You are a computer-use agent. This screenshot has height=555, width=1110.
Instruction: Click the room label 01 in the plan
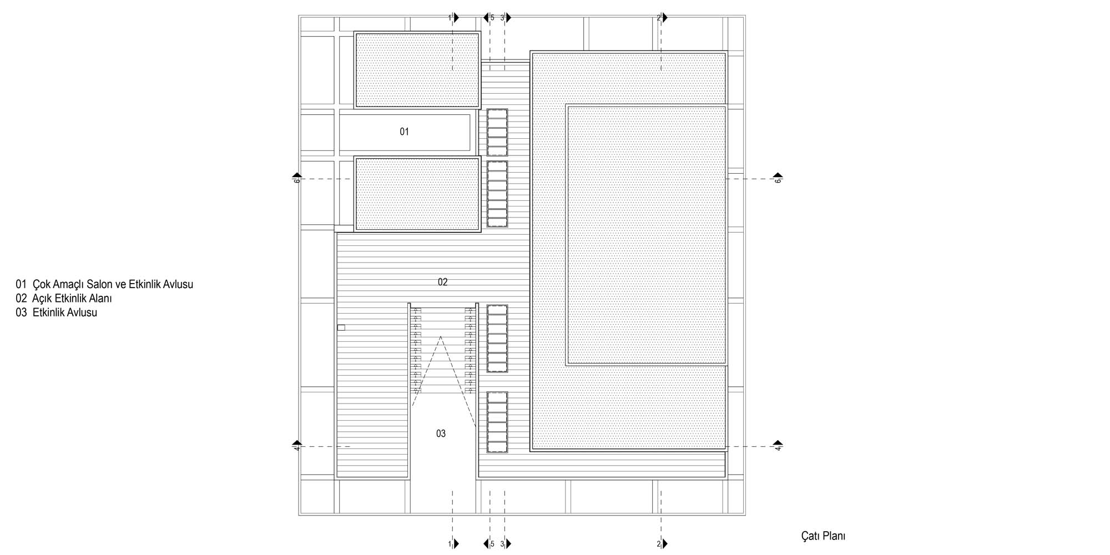point(404,132)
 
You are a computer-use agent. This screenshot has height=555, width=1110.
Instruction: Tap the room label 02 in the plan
point(442,282)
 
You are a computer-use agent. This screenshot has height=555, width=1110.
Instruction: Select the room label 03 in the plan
point(441,433)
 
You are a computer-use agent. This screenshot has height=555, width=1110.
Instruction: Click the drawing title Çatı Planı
point(823,536)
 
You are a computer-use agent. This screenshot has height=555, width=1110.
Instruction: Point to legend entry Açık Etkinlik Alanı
point(72,299)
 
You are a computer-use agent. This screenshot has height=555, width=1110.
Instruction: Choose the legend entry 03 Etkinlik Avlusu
point(56,312)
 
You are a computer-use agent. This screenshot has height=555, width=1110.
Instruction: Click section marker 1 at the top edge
point(454,18)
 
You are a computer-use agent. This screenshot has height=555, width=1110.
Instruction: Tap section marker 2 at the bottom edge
point(663,544)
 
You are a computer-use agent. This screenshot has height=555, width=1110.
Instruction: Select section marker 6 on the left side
point(297,178)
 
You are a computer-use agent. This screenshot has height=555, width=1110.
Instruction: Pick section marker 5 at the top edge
point(488,18)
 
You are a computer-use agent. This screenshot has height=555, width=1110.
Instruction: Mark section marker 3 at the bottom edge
point(506,544)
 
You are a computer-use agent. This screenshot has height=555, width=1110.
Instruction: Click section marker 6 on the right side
point(778,178)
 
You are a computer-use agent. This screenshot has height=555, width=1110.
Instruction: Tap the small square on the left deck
point(341,327)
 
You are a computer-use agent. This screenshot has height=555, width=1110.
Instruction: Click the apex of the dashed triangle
point(441,336)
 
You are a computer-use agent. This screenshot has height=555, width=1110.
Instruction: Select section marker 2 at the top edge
point(663,18)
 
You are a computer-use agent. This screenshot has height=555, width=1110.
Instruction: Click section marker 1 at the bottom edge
point(454,544)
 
